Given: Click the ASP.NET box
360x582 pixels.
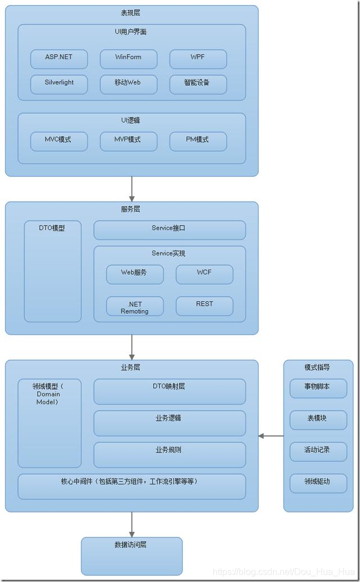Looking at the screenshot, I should (x=59, y=59).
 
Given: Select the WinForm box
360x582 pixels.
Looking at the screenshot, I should (x=128, y=59).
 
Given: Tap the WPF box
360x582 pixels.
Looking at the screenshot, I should (x=198, y=59).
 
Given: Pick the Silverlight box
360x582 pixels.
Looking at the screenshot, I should (x=59, y=84).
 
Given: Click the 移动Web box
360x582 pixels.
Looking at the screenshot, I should (x=128, y=84).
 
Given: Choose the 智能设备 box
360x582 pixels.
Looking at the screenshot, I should (x=198, y=84).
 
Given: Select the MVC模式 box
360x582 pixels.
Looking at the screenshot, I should (x=59, y=141).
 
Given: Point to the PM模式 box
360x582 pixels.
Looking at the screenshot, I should (x=198, y=141).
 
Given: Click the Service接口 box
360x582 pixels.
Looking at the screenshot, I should (x=169, y=230).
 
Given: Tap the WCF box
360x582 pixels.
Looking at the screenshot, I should (x=204, y=274).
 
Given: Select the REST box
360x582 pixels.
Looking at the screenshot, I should (x=204, y=306).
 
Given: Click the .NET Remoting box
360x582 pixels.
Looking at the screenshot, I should (x=135, y=306).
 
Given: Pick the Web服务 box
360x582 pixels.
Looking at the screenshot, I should (x=135, y=274).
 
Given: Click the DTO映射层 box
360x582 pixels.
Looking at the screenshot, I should (x=169, y=391).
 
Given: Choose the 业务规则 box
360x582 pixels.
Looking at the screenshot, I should (x=169, y=454).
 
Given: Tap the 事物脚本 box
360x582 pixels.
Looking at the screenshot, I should (x=318, y=388).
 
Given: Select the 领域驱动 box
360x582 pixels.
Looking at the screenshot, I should (x=318, y=483).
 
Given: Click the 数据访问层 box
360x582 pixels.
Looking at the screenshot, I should (x=132, y=556).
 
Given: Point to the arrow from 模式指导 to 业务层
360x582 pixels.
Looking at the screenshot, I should (x=271, y=436).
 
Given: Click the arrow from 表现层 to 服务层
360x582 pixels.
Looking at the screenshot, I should (x=132, y=189).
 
